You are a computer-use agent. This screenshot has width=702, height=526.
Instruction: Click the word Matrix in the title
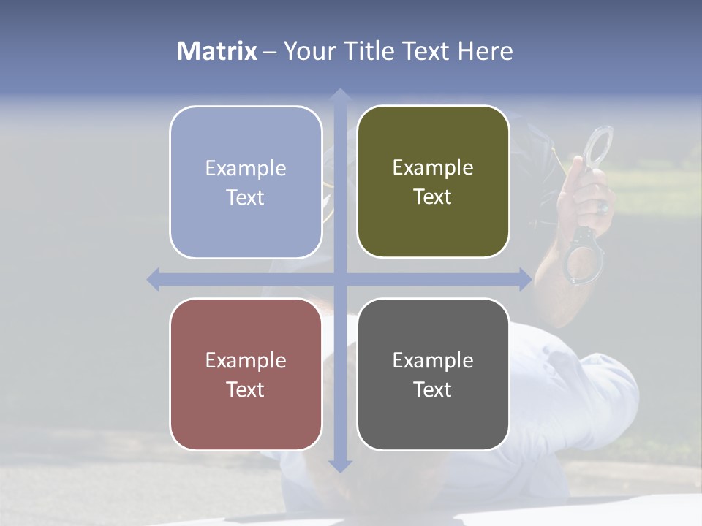(x=217, y=51)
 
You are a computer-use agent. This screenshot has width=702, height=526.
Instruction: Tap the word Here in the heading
(x=486, y=51)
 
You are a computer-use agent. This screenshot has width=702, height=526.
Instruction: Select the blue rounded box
(x=246, y=182)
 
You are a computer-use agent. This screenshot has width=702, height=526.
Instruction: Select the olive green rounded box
(x=433, y=181)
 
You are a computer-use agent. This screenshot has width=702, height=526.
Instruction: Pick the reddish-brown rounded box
(x=246, y=374)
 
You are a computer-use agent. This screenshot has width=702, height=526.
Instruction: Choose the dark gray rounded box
(x=433, y=374)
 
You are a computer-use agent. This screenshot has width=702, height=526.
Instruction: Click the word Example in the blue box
(x=246, y=168)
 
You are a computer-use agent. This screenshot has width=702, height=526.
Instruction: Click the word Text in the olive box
(x=433, y=197)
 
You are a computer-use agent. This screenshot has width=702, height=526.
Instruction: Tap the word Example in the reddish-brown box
(x=246, y=360)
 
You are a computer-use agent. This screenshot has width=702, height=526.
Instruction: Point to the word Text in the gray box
(x=433, y=389)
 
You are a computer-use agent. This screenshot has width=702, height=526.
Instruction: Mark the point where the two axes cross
(x=339, y=279)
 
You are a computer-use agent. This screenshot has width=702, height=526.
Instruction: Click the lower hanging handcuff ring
(x=587, y=256)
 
